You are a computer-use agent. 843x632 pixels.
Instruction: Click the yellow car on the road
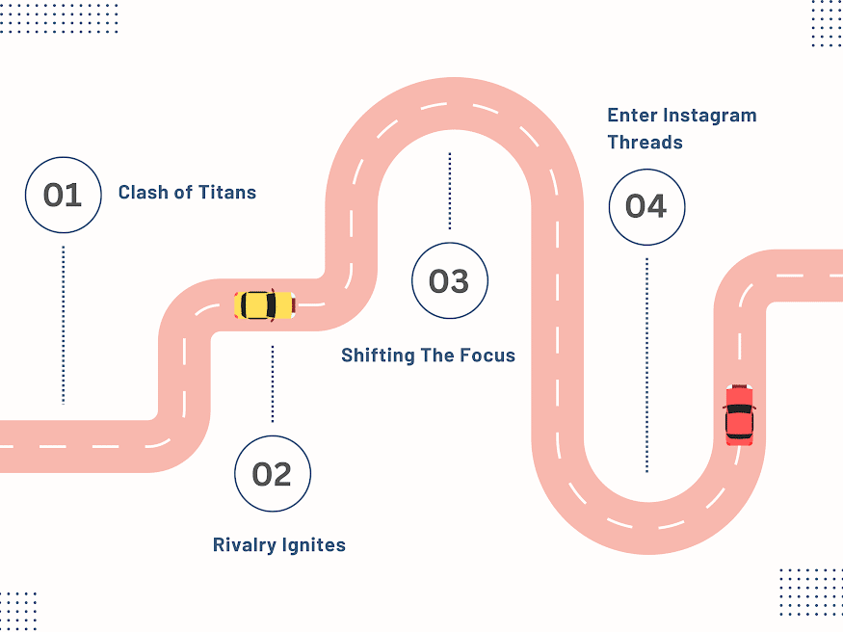[x=264, y=305]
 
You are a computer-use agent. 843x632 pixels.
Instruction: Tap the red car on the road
[x=739, y=415]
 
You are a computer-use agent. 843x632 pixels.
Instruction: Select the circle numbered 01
[x=63, y=196]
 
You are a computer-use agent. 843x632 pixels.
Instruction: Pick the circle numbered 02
[x=272, y=473]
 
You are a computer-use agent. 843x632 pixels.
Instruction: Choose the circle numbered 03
[x=449, y=281]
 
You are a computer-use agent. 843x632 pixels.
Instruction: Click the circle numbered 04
[x=645, y=206]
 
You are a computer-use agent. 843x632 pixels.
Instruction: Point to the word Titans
[x=229, y=193]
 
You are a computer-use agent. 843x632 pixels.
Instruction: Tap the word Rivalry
[x=244, y=545]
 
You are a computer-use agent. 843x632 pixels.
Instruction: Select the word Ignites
[x=313, y=546]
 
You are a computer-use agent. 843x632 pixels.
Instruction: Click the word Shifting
[x=379, y=355]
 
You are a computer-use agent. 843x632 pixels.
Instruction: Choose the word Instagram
[x=710, y=116]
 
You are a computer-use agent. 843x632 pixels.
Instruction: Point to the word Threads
[x=645, y=143]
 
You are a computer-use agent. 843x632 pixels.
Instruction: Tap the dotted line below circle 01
[x=64, y=324]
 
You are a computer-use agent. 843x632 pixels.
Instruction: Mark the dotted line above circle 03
[x=449, y=191]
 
